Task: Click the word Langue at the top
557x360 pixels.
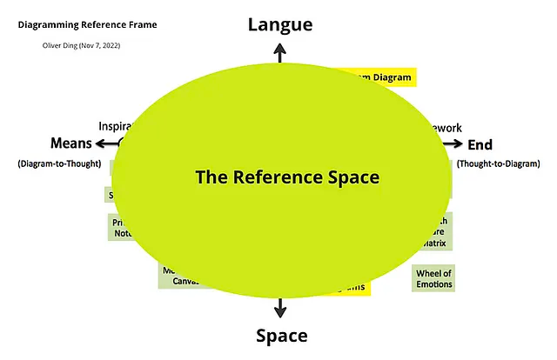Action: (x=279, y=24)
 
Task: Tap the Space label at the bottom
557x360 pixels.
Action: (x=280, y=336)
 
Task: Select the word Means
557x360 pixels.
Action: (x=70, y=144)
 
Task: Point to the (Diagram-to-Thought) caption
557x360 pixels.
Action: (x=59, y=163)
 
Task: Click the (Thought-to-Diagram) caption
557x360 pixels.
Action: (x=499, y=163)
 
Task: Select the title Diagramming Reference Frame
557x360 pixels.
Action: (x=87, y=24)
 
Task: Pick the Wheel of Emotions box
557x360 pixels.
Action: (x=433, y=278)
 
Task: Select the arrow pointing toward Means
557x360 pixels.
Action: (x=102, y=144)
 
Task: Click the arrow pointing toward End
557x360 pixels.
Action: (x=456, y=144)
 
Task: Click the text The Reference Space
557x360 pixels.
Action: (x=287, y=177)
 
